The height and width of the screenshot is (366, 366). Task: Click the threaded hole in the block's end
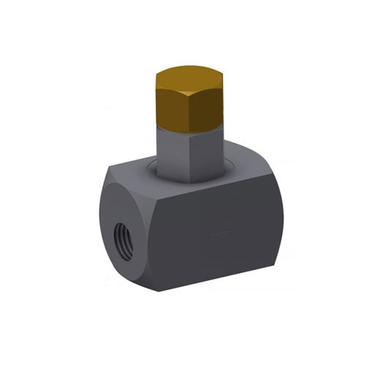121,242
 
